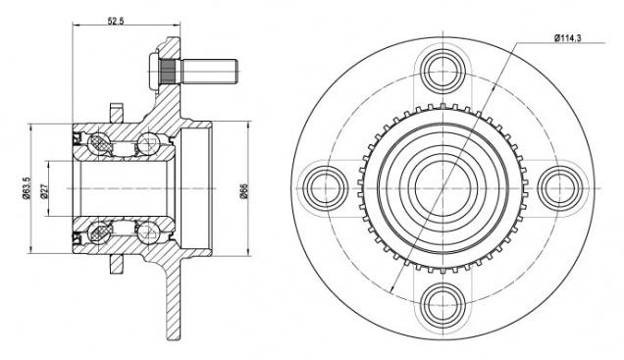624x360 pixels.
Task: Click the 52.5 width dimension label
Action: coord(116,21)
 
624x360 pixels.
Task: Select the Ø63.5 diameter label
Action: coord(26,188)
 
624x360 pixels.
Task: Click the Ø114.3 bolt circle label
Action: coord(568,38)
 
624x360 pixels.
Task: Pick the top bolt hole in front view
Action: coord(442,72)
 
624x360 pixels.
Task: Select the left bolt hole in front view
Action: coord(326,188)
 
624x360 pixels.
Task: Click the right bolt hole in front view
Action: coord(560,188)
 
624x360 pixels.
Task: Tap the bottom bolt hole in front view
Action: coord(442,305)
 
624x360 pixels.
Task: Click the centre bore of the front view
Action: coord(442,188)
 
